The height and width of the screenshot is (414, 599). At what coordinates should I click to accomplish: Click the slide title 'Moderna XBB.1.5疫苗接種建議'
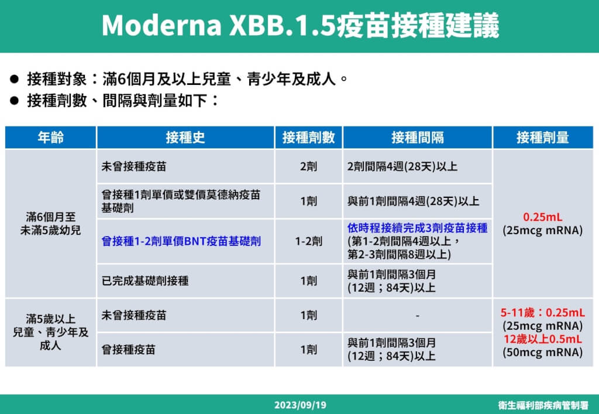click(300, 25)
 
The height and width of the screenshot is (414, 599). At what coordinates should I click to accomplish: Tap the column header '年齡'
click(50, 138)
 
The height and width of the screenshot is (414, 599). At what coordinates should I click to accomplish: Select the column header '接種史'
click(185, 138)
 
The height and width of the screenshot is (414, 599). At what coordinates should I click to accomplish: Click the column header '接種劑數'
click(308, 138)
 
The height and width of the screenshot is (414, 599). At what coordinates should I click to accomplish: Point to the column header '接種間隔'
click(417, 138)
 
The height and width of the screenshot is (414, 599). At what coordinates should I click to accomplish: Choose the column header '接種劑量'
click(542, 138)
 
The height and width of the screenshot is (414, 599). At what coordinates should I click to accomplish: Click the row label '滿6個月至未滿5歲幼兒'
click(51, 224)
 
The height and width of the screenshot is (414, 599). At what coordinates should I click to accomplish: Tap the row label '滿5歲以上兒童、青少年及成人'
click(51, 332)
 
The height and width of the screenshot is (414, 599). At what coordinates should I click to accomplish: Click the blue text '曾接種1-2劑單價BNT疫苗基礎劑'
click(181, 241)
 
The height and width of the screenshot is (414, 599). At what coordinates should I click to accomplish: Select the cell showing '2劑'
click(308, 167)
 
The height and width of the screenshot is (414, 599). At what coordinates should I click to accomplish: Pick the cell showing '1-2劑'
click(308, 241)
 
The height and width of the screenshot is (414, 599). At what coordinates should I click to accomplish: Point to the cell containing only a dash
click(417, 316)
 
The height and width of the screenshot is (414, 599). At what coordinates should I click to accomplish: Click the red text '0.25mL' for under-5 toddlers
click(542, 217)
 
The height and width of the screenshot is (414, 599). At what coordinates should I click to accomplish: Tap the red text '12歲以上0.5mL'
click(542, 340)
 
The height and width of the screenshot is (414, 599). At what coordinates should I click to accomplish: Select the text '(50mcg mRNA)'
click(542, 353)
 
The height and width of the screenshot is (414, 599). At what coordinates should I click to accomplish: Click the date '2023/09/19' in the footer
click(300, 405)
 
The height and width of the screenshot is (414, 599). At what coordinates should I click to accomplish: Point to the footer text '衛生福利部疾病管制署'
click(543, 405)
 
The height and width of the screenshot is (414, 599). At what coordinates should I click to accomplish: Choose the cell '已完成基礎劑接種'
click(145, 280)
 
